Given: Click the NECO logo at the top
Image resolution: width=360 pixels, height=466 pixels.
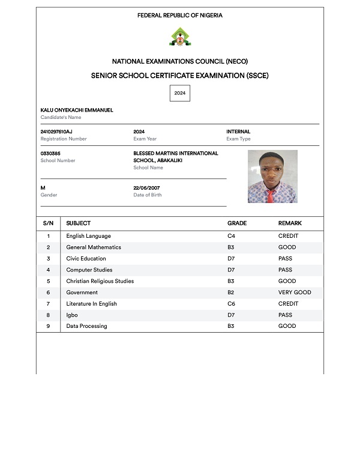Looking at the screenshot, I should pos(179,37).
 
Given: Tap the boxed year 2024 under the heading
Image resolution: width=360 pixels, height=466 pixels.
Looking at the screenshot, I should pos(180,93).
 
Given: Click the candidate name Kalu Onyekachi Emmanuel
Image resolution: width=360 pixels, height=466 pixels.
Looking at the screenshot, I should pos(77,110).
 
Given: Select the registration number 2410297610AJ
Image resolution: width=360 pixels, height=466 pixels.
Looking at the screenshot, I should pos(56,132).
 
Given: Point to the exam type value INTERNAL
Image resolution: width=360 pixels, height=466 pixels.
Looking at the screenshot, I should pos(238,132).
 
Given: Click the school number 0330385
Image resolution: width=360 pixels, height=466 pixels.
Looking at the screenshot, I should pos(50,153).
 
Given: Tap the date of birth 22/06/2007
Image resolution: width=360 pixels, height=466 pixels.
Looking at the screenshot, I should pos(146,188).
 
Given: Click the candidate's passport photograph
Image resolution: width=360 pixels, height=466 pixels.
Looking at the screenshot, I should pos(272,176).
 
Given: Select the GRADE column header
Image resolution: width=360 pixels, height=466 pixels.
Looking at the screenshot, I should pos(237,223).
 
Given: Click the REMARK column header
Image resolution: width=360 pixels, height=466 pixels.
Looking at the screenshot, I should pos(290,223).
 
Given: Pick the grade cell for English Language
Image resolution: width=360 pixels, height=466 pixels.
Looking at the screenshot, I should pos(231,236).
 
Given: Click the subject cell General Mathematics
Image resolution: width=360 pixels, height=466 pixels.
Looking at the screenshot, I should pos(94,247).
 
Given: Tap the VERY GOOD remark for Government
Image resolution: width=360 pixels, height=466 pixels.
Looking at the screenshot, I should pos(295,292).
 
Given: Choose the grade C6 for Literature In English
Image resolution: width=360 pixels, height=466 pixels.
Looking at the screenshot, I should pos(231,304).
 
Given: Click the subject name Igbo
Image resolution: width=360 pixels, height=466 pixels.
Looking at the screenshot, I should pos(72,315).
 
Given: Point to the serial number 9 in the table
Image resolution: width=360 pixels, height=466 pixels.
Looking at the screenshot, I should pos(48,326).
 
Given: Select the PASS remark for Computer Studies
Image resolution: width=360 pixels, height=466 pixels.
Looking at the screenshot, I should pos(286,270).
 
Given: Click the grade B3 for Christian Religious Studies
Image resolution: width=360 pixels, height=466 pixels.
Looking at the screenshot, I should pos(231,281).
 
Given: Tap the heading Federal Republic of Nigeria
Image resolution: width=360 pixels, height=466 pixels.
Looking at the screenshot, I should pos(179,16).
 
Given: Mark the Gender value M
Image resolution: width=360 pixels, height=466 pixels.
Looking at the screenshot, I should pos(43,188).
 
